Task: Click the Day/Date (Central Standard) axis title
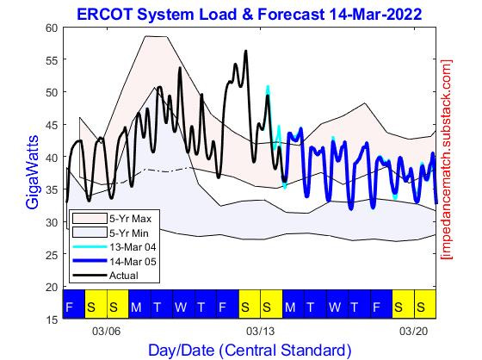coord(250,350)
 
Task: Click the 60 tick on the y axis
coord(51,28)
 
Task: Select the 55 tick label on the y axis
coord(51,60)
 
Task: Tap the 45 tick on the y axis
coord(51,125)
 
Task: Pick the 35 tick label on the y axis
coord(51,189)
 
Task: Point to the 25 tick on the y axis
coord(51,255)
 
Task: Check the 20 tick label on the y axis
coord(51,287)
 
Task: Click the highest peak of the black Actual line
coord(245,51)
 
